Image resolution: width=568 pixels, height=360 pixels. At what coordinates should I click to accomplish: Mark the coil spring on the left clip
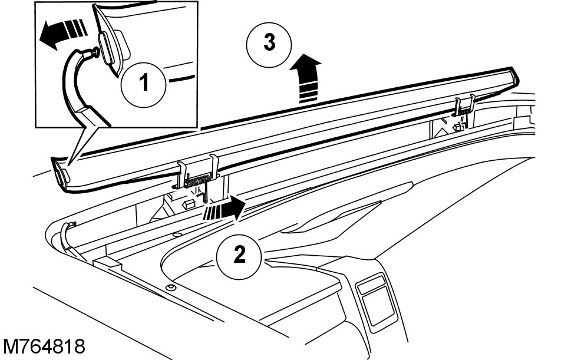point(200,177)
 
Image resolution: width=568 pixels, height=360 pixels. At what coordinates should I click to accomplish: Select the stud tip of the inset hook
point(93,54)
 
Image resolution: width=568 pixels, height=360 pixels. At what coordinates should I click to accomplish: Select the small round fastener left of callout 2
point(171,288)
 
